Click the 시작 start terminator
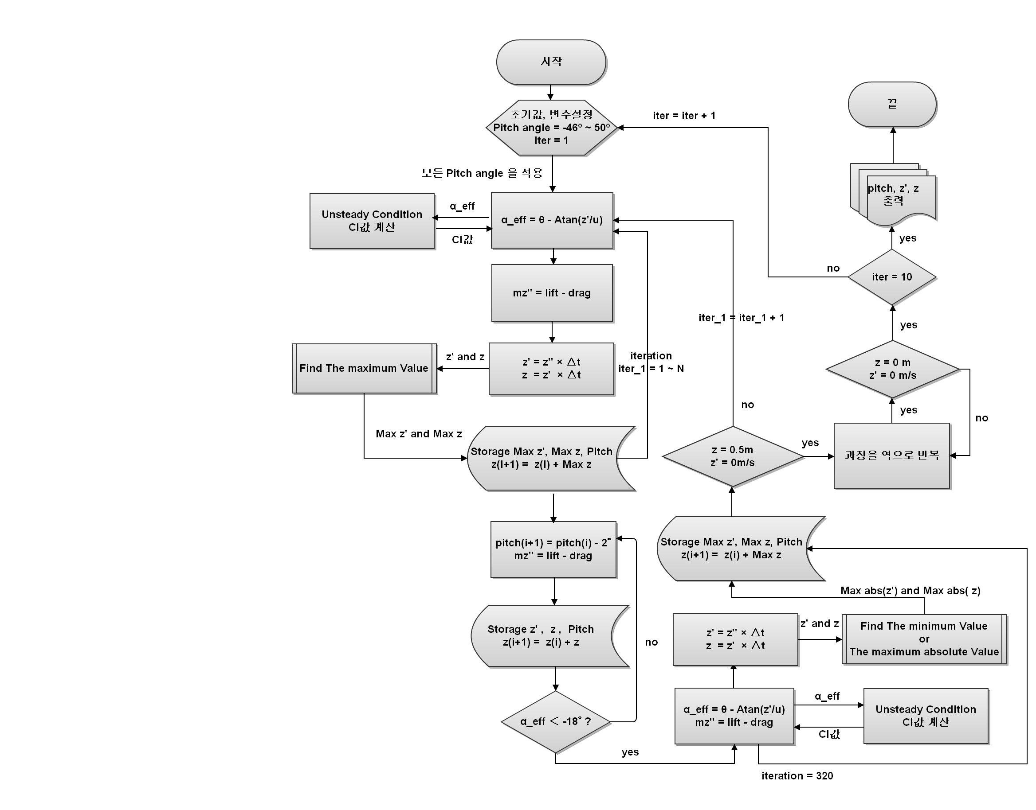point(551,62)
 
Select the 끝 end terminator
point(892,104)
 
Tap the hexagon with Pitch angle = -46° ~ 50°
point(551,128)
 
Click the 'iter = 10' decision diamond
point(892,277)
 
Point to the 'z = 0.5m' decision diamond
point(732,456)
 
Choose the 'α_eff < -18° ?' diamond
point(555,721)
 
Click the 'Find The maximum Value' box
point(364,369)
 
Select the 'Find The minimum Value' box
point(923,639)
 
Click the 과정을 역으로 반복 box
point(892,455)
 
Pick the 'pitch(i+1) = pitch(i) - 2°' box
point(553,549)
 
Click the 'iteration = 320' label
point(797,776)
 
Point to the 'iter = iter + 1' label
point(684,116)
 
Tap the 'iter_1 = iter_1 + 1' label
point(741,318)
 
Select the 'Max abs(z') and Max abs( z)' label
point(910,590)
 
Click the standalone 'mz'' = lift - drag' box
point(551,293)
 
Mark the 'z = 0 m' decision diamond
point(892,369)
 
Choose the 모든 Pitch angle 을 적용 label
point(482,173)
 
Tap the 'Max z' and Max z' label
point(419,434)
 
